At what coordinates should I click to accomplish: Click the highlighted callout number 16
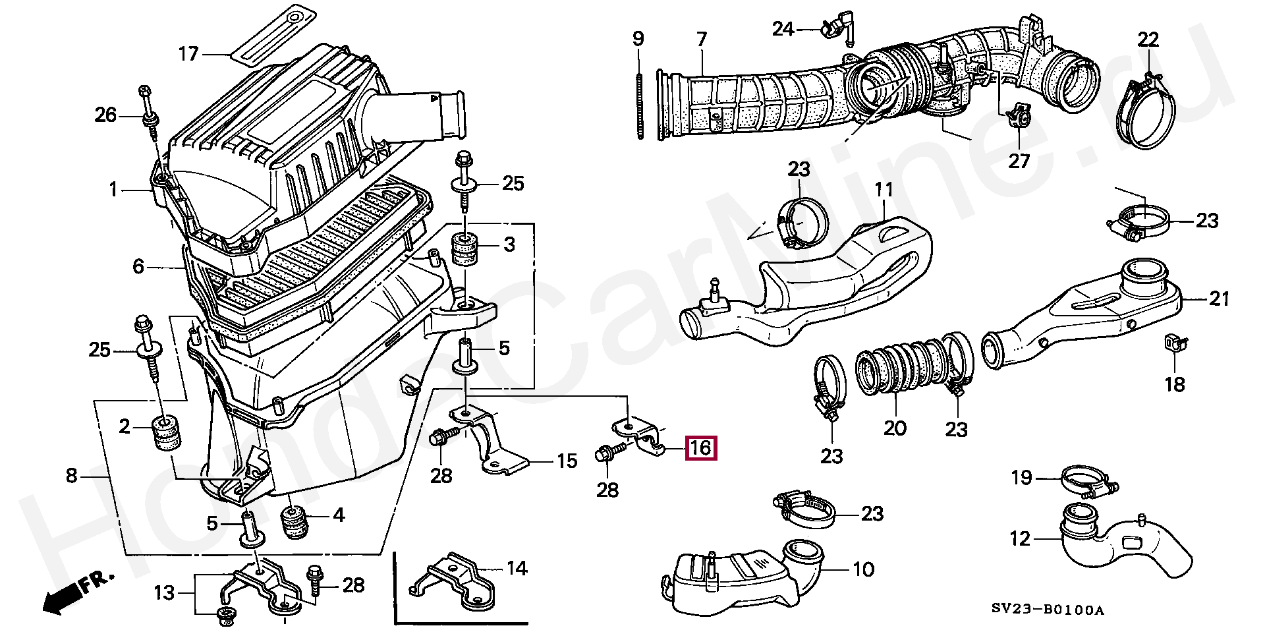700,448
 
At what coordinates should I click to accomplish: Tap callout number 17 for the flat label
188,53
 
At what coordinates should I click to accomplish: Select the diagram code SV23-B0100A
1047,610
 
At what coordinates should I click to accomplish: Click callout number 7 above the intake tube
702,40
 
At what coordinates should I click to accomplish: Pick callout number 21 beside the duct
1219,299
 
